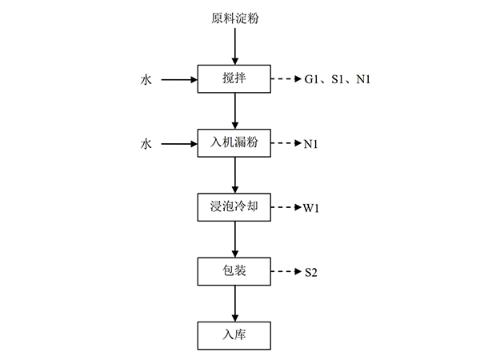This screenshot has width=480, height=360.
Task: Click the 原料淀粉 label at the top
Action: point(234,18)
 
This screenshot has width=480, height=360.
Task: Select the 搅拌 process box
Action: point(234,79)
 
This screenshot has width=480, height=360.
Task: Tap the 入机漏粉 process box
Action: point(234,144)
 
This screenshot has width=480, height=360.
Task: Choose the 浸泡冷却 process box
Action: point(234,208)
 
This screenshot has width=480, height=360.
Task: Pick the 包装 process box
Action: point(234,272)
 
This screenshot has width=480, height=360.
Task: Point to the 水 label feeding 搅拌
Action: point(146,80)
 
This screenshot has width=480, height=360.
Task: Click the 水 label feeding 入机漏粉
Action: point(146,145)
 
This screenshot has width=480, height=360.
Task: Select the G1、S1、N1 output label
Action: point(337,80)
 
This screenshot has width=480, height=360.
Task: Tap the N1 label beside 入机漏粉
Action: point(312,145)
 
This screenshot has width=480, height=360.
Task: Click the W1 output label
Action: point(312,209)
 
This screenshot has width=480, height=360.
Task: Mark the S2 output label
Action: point(311,273)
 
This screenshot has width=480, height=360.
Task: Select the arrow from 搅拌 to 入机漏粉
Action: point(234,111)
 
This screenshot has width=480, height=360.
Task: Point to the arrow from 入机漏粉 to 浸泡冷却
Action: point(234,175)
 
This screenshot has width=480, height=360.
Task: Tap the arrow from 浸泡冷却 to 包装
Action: point(234,239)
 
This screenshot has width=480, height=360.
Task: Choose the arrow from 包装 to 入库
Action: point(234,303)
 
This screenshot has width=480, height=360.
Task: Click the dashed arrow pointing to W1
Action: point(286,208)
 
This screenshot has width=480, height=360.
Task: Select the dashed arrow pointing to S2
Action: point(286,272)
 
